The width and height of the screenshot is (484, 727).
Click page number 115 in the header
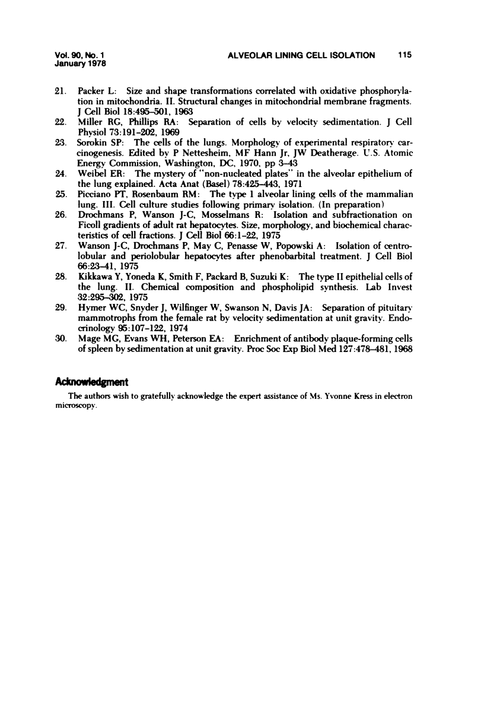point(406,55)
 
